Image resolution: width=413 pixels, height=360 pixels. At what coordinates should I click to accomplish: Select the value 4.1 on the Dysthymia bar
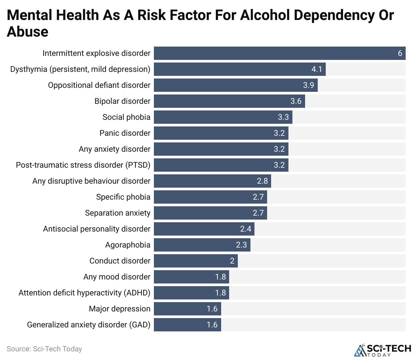click(317, 69)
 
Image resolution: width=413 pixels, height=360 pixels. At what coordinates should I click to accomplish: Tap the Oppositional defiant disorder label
click(99, 85)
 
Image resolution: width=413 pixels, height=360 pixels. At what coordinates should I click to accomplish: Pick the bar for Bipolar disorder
click(229, 101)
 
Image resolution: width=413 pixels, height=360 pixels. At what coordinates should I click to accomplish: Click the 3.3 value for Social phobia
click(283, 117)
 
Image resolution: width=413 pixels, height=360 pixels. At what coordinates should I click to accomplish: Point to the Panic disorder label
click(125, 133)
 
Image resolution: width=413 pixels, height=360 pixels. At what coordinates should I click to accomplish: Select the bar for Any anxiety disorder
click(221, 149)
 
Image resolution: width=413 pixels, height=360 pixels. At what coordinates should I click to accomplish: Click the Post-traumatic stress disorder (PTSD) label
click(83, 165)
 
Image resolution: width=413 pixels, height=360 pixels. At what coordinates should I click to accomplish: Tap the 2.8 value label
click(262, 181)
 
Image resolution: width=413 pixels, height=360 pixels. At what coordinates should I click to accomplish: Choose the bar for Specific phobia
click(210, 197)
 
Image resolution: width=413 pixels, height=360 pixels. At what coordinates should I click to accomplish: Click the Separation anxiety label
click(118, 213)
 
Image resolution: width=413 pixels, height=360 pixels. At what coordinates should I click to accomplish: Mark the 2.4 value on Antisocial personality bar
click(245, 229)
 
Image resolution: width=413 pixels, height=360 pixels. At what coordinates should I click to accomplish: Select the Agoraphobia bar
click(202, 245)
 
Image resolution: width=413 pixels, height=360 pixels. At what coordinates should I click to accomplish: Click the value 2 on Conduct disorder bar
click(232, 261)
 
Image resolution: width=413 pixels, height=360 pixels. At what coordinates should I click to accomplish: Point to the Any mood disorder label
click(117, 277)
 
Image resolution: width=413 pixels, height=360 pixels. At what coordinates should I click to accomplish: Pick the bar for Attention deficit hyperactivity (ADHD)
click(191, 293)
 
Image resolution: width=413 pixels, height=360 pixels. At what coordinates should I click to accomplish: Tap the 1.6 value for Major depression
click(212, 309)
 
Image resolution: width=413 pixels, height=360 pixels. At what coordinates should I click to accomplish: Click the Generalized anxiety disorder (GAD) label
click(89, 325)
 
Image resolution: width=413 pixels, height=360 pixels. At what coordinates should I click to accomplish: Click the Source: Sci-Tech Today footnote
click(44, 349)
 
